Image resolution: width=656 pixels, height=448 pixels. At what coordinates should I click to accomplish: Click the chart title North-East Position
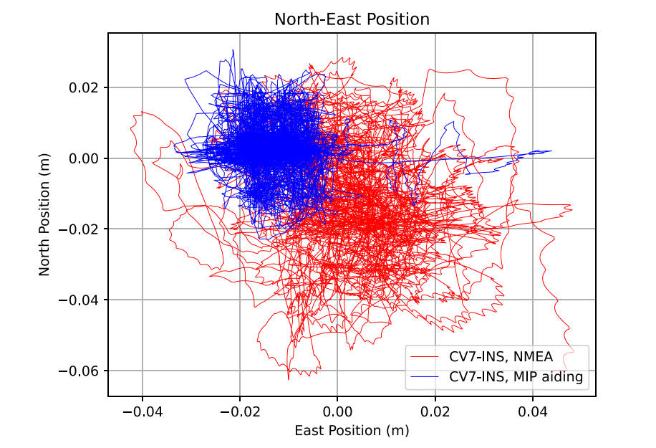[x=352, y=19]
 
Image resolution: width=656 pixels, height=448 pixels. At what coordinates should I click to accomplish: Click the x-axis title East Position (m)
[x=352, y=431]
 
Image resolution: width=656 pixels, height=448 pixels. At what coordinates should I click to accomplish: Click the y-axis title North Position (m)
[x=44, y=214]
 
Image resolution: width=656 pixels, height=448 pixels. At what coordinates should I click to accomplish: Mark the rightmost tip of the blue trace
[x=551, y=151]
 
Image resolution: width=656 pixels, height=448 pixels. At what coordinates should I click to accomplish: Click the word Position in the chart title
[x=397, y=19]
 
